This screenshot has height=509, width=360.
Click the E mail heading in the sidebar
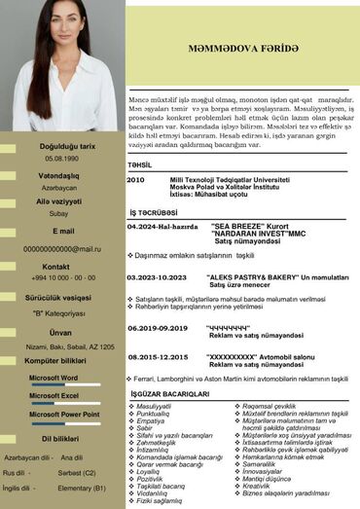62,231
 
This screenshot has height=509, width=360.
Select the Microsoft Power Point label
64,416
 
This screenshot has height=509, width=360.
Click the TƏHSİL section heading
140,164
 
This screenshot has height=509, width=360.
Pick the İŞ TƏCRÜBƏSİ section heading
154,211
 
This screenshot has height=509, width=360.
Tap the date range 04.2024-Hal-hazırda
162,226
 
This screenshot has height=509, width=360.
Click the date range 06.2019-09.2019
158,328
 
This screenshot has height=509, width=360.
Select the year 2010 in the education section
135,180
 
